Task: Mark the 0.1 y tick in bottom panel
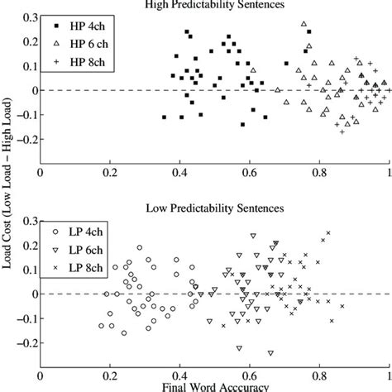[26, 269]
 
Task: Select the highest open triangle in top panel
[304, 24]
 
